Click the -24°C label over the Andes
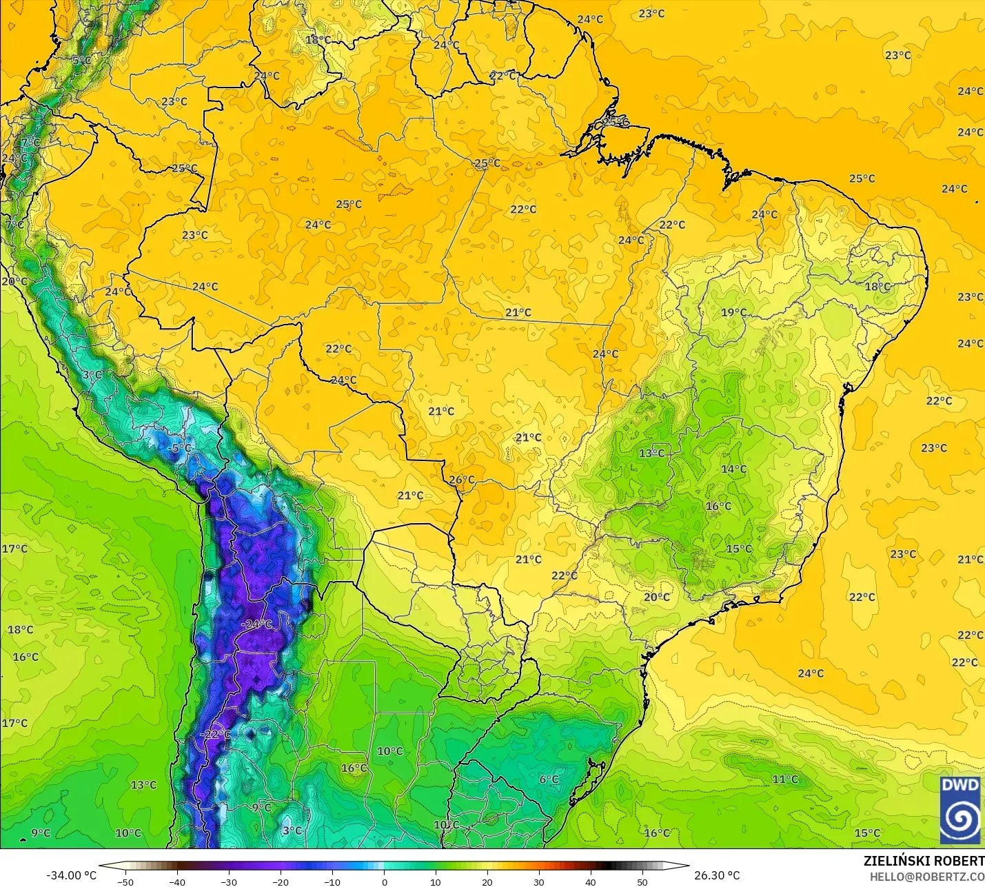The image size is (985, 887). pyautogui.click(x=256, y=624)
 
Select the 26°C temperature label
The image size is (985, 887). pyautogui.click(x=461, y=480)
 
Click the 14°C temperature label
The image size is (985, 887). pyautogui.click(x=733, y=469)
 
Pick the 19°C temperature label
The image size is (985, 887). pyautogui.click(x=733, y=312)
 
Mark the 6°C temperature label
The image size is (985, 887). pyautogui.click(x=549, y=779)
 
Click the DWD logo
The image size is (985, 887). pyautogui.click(x=960, y=810)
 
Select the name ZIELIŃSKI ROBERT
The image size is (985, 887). pyautogui.click(x=924, y=861)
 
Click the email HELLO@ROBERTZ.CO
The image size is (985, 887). pyautogui.click(x=926, y=877)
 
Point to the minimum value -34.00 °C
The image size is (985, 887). pyautogui.click(x=71, y=875)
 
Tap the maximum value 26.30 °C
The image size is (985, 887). pyautogui.click(x=717, y=875)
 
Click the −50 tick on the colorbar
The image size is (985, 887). pyautogui.click(x=125, y=881)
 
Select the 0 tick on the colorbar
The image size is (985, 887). pyautogui.click(x=384, y=881)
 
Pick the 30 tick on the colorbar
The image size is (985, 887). pyautogui.click(x=539, y=881)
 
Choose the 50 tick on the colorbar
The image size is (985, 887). pyautogui.click(x=642, y=881)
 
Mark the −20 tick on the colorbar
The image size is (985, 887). pyautogui.click(x=281, y=881)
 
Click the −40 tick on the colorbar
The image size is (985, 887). pyautogui.click(x=177, y=881)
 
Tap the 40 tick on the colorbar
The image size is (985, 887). pyautogui.click(x=591, y=881)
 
